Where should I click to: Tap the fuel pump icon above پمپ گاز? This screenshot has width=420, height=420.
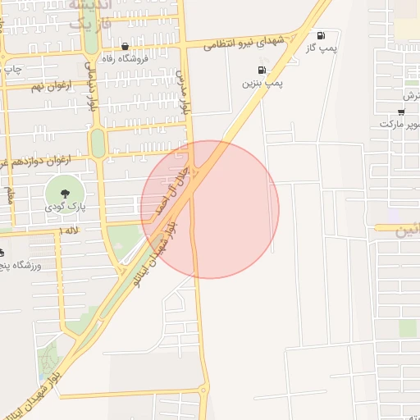(x=320, y=36)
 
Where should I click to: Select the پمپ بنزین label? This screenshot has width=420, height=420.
(x=262, y=83)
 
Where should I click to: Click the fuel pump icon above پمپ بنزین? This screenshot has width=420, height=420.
(x=262, y=70)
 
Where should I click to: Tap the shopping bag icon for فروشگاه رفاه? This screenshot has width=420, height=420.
(x=125, y=47)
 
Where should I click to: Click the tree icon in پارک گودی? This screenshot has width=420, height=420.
(x=64, y=191)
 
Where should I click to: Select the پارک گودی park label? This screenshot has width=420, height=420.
(x=63, y=209)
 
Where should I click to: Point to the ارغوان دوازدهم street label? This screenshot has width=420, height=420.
(x=41, y=159)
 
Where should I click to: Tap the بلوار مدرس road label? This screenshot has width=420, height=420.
(x=185, y=91)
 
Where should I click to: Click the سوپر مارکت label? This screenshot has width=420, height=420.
(x=399, y=124)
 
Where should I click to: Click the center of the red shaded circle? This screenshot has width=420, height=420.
(x=210, y=209)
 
